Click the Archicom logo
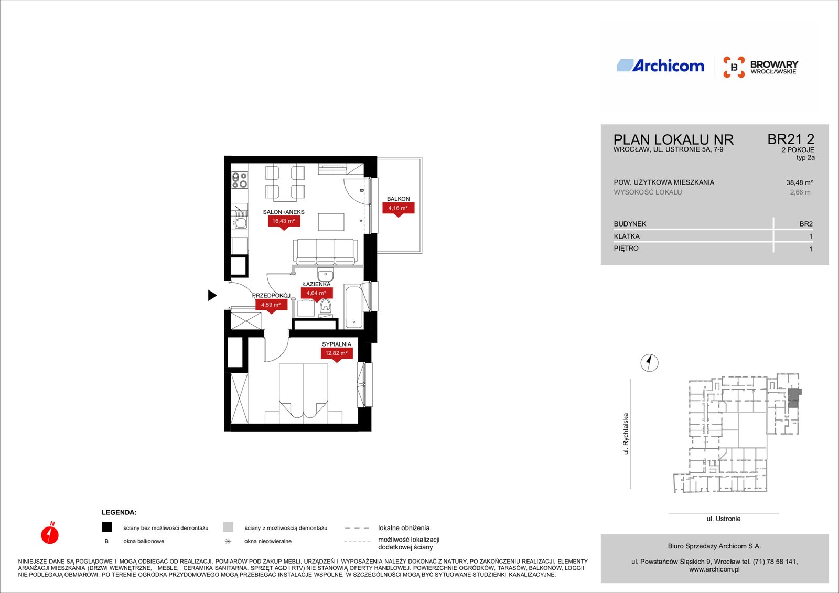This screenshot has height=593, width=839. (x=660, y=66)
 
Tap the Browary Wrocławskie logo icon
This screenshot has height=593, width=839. (x=734, y=67)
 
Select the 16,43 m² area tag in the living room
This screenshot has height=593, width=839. (x=284, y=222)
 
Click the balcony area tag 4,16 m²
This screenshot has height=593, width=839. (x=398, y=209)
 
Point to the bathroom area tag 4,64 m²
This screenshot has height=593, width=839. (x=317, y=294)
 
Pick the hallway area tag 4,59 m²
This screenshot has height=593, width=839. (x=271, y=305)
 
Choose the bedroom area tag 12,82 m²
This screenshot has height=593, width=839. (x=336, y=353)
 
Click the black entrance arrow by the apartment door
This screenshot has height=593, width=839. (x=212, y=295)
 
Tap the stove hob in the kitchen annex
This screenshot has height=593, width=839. (x=240, y=180)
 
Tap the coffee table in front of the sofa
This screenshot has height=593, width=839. (x=331, y=222)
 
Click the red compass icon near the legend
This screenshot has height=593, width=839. (x=50, y=533)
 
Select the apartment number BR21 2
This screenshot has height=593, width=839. (x=791, y=139)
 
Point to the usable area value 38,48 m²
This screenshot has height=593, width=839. (x=799, y=183)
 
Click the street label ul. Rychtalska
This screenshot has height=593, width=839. (x=626, y=434)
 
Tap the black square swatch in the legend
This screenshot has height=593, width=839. (x=107, y=527)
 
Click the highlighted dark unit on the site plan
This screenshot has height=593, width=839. (x=794, y=398)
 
